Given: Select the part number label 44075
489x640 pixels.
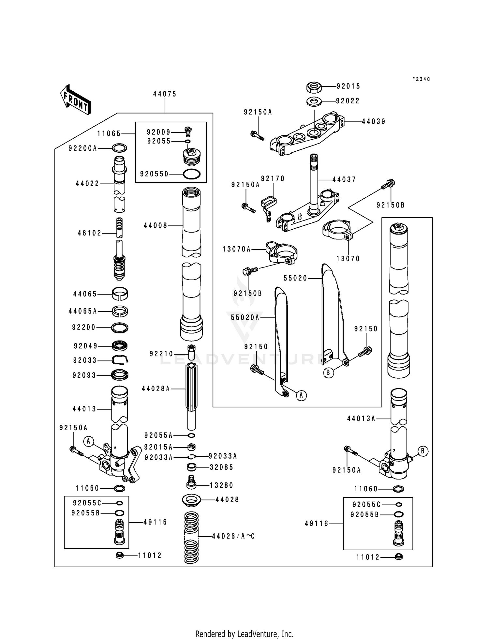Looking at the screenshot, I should (165, 94).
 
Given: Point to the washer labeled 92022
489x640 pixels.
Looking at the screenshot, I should (314, 101).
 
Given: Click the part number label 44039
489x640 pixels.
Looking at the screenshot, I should (374, 122).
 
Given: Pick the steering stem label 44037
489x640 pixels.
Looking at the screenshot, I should (344, 179).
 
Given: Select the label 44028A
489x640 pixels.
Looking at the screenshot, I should (156, 389).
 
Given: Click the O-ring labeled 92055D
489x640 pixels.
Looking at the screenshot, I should (192, 174).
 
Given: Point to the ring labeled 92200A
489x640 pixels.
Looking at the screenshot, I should (119, 148).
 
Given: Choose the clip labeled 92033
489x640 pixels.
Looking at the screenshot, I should (120, 360).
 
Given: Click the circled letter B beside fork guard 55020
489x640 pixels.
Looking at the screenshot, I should (329, 373).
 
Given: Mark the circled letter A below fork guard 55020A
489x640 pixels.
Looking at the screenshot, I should (301, 395).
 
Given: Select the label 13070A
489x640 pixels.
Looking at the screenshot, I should (237, 250).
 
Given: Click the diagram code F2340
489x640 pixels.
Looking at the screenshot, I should (421, 79).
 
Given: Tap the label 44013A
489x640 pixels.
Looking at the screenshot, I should (361, 419).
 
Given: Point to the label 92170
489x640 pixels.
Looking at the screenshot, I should (273, 179).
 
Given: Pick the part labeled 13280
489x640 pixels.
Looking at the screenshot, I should (192, 485).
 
